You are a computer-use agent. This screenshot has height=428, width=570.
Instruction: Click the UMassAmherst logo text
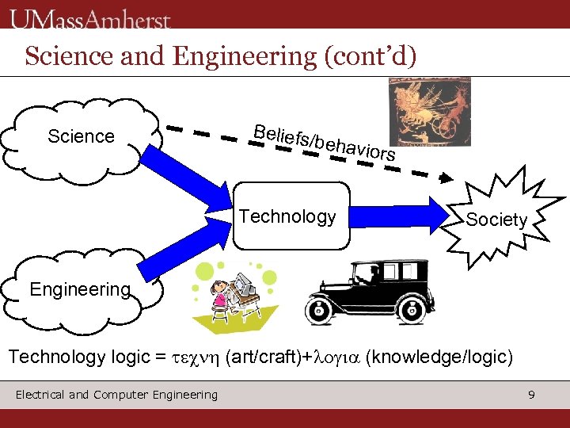pyautogui.click(x=90, y=17)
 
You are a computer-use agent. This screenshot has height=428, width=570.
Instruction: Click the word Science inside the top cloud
pyautogui.click(x=81, y=136)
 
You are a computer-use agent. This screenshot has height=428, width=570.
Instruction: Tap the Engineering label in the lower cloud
pyautogui.click(x=79, y=289)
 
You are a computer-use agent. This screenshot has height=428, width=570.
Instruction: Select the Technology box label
pyautogui.click(x=287, y=216)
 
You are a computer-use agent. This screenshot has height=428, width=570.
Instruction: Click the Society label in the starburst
pyautogui.click(x=496, y=220)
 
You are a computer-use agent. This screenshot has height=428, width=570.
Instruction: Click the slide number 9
pyautogui.click(x=532, y=394)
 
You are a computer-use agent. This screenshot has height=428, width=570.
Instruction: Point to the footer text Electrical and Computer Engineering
pyautogui.click(x=116, y=395)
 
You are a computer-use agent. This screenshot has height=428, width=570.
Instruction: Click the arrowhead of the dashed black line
pyautogui.click(x=449, y=178)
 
